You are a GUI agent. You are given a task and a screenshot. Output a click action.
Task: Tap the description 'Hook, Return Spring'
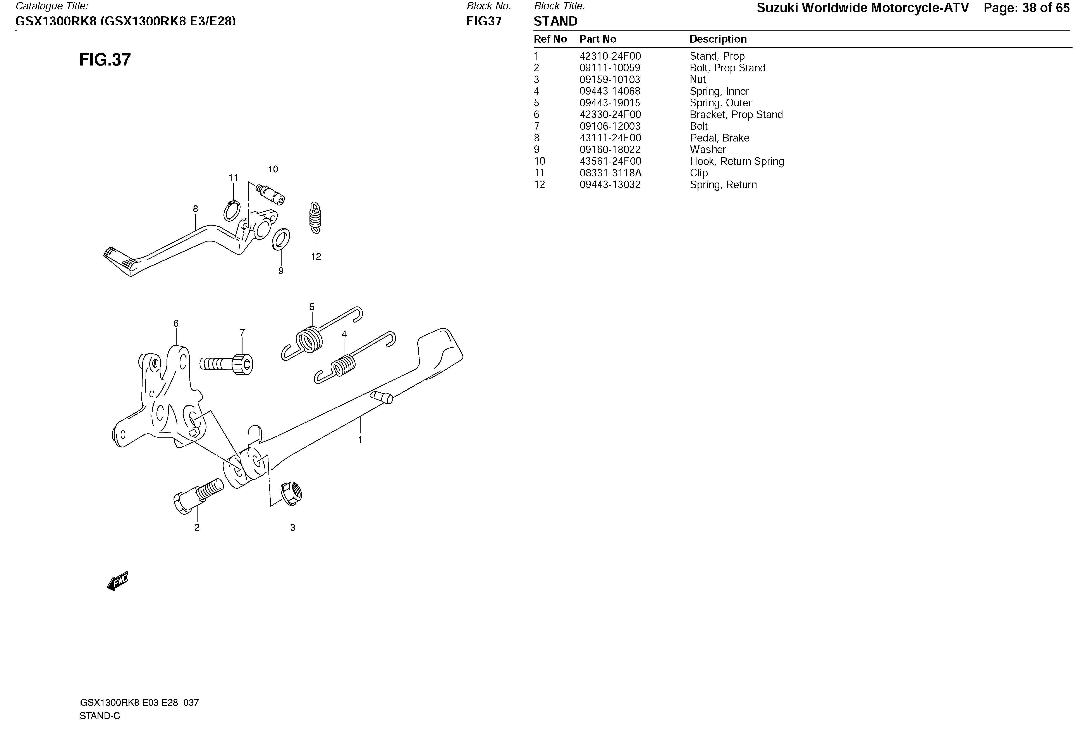736,161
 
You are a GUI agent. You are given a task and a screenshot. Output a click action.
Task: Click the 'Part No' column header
598,39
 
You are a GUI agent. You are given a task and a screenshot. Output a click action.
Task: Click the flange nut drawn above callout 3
291,493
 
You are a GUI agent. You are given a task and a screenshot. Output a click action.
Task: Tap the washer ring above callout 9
281,239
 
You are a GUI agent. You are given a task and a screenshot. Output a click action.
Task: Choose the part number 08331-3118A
610,173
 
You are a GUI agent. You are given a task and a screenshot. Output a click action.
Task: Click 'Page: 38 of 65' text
1026,8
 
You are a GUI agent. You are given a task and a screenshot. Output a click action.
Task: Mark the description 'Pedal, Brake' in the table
719,138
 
